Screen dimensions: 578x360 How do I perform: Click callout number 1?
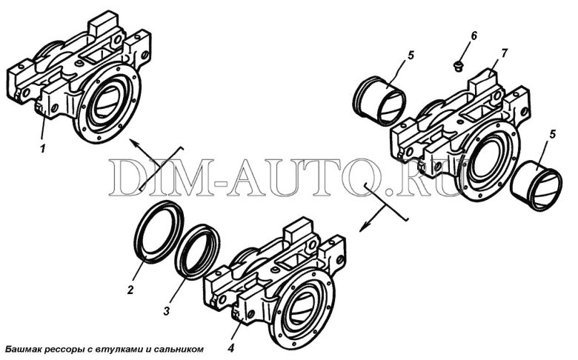point(43,149)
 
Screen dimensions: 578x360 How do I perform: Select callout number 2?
point(130,290)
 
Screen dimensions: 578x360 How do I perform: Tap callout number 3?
point(167,311)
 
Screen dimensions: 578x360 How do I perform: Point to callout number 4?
point(230,348)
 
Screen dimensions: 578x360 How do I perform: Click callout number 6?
point(474,36)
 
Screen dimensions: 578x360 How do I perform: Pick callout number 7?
point(504,53)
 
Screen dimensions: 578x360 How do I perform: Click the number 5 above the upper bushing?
point(411,56)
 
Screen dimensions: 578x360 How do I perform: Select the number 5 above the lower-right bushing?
point(552,135)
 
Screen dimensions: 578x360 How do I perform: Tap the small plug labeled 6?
point(458,67)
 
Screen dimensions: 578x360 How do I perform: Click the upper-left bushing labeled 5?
point(379,101)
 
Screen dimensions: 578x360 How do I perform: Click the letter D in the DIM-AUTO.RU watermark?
point(124,178)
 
